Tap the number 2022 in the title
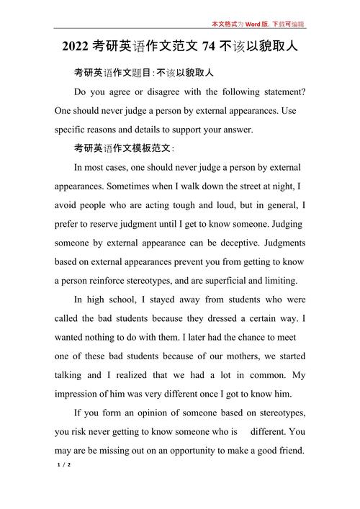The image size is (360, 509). click(x=75, y=48)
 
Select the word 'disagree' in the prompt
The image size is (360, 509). click(x=167, y=92)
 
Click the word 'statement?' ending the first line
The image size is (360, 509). click(x=281, y=92)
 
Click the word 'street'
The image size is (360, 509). click(x=238, y=186)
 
